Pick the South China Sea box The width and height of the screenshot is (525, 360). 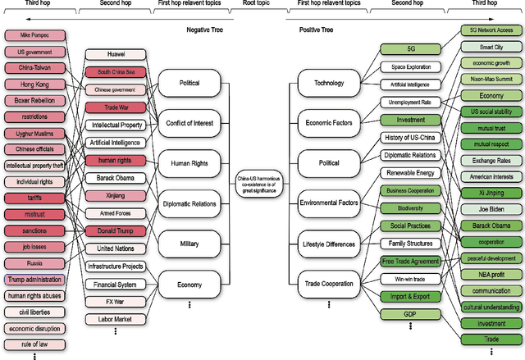[x=115, y=72]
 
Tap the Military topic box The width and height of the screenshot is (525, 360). [x=189, y=244]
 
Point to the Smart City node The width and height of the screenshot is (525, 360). [x=491, y=48]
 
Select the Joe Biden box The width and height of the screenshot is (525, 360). [x=491, y=208]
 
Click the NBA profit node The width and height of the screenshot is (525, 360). [x=491, y=275]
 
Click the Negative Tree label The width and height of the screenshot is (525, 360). [x=206, y=30]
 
